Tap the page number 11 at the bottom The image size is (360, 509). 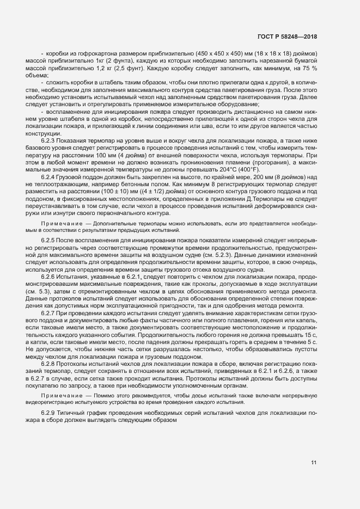pos(314,463)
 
